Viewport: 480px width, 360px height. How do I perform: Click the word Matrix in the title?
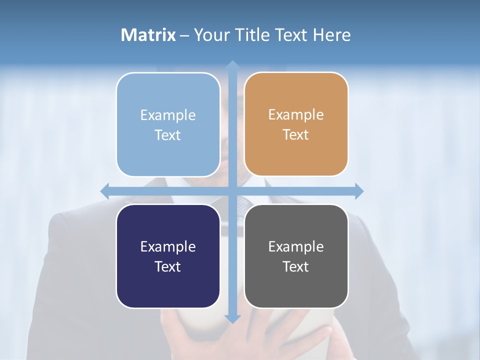(x=148, y=35)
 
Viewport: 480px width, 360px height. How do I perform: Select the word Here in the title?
(x=332, y=35)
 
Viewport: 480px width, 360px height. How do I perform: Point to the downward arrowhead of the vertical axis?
(x=232, y=318)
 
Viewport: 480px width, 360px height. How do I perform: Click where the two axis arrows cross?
(x=232, y=191)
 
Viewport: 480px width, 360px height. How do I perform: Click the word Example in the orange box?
(x=296, y=115)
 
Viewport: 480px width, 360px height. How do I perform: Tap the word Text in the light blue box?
(x=168, y=135)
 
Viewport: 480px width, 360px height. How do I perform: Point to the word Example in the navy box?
(x=168, y=246)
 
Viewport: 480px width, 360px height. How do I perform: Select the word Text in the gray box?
(x=296, y=266)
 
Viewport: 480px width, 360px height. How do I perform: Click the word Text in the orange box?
(x=296, y=135)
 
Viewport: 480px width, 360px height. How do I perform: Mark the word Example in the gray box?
(x=296, y=246)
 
